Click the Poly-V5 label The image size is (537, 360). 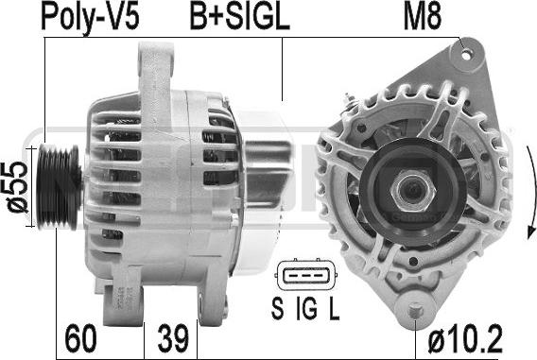(90, 17)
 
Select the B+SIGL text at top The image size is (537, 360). (240, 17)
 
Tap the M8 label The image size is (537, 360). (423, 17)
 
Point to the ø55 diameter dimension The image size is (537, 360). (17, 186)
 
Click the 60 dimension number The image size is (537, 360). (81, 338)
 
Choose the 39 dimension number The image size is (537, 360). (173, 338)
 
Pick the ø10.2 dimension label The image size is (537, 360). (465, 338)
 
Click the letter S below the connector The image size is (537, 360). (277, 308)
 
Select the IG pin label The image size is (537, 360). (306, 308)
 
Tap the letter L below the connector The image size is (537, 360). (334, 308)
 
